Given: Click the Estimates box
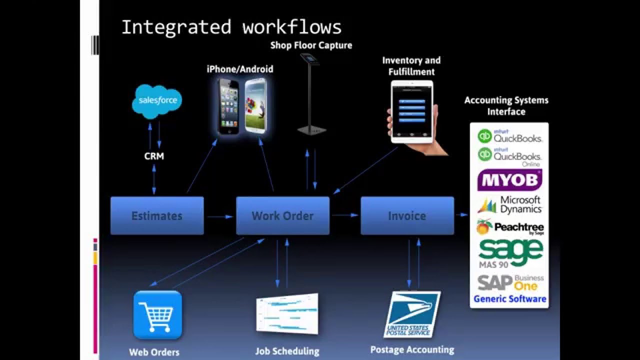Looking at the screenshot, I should pyautogui.click(x=157, y=215).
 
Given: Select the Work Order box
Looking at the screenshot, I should pyautogui.click(x=282, y=215).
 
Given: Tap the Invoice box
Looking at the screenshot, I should pyautogui.click(x=407, y=215).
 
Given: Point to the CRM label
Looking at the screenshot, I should pyautogui.click(x=154, y=156).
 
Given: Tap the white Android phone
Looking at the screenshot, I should pyautogui.click(x=255, y=106).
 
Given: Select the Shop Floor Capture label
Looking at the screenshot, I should pyautogui.click(x=311, y=45).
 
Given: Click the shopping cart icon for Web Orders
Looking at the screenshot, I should pyautogui.click(x=157, y=315).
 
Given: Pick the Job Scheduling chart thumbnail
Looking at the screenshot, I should pyautogui.click(x=287, y=313).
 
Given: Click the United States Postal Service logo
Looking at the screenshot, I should pyautogui.click(x=411, y=314).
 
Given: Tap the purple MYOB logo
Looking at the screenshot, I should pyautogui.click(x=509, y=180).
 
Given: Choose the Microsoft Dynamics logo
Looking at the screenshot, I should pyautogui.click(x=509, y=205).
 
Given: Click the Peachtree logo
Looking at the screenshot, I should pyautogui.click(x=509, y=228).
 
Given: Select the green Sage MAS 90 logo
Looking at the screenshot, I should pyautogui.click(x=509, y=253).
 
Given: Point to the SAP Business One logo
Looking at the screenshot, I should pyautogui.click(x=509, y=282).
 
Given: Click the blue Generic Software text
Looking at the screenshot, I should pyautogui.click(x=509, y=299).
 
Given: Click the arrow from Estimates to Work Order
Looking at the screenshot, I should pyautogui.click(x=220, y=216).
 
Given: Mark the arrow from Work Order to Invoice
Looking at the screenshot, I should pyautogui.click(x=345, y=215).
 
